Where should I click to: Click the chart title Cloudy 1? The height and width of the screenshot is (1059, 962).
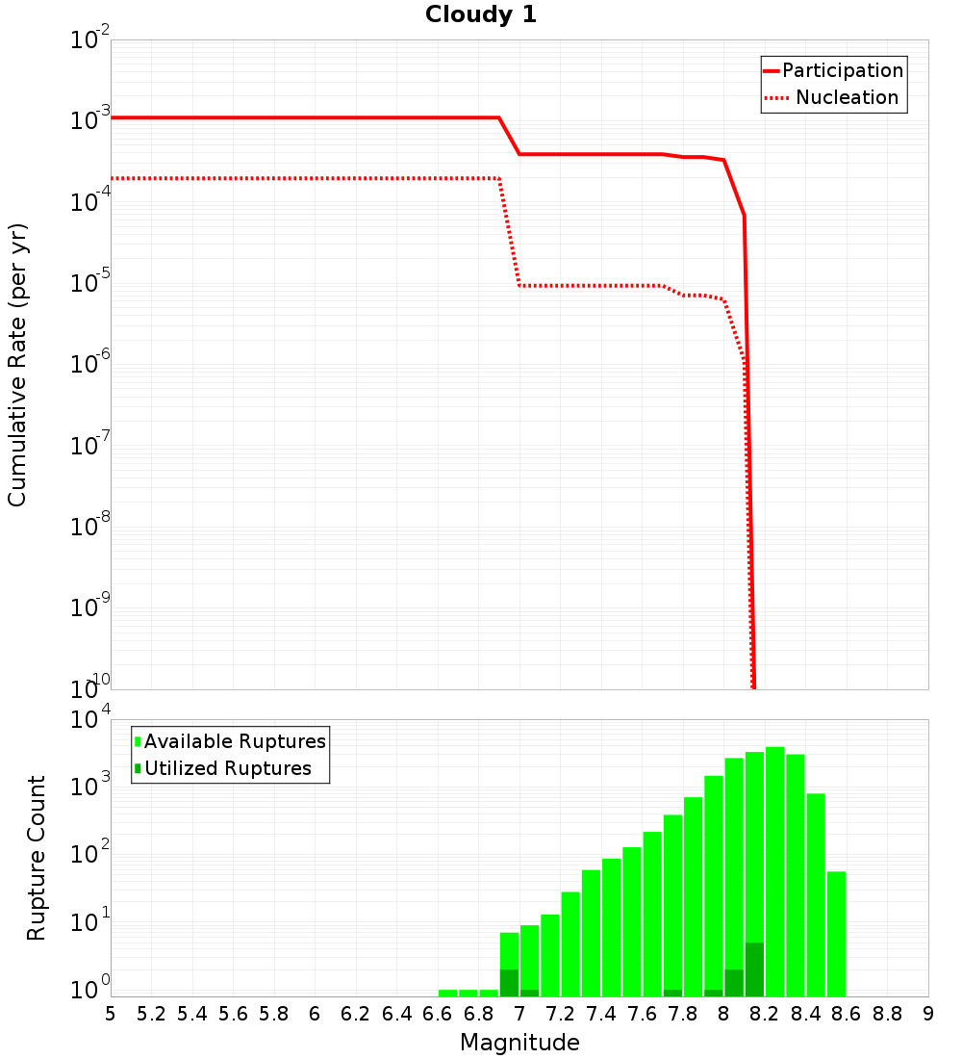(x=481, y=15)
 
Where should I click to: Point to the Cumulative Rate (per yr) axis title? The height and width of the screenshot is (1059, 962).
(x=17, y=365)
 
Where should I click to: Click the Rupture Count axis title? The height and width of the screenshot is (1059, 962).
(x=37, y=858)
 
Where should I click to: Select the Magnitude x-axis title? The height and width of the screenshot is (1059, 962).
(x=519, y=1043)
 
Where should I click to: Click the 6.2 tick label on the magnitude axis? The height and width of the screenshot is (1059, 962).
(x=356, y=1014)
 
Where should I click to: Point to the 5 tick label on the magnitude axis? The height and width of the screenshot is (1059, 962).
(x=111, y=1014)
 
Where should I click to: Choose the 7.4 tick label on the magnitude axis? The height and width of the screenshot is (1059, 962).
(x=601, y=1014)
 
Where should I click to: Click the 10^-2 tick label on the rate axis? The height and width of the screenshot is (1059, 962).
(x=90, y=41)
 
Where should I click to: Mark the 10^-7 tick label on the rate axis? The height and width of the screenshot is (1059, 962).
(x=90, y=447)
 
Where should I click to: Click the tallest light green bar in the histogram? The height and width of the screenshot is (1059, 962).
(x=774, y=866)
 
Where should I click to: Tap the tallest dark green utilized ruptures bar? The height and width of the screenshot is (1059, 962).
(x=754, y=970)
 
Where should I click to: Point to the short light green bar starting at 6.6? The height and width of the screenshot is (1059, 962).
(x=448, y=993)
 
